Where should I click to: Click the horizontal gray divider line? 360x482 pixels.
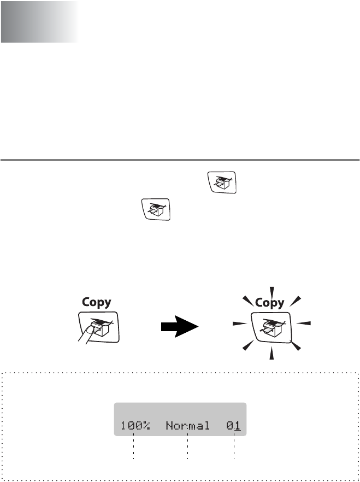tap(180, 161)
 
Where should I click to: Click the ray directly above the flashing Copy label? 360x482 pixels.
tap(272, 290)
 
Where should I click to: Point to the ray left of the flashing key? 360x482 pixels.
tap(238, 324)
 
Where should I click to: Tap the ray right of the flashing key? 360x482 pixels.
tap(305, 324)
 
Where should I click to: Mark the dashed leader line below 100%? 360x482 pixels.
tap(133, 448)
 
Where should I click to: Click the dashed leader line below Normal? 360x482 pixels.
tap(187, 448)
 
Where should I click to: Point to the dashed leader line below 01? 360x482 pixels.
tap(234, 448)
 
